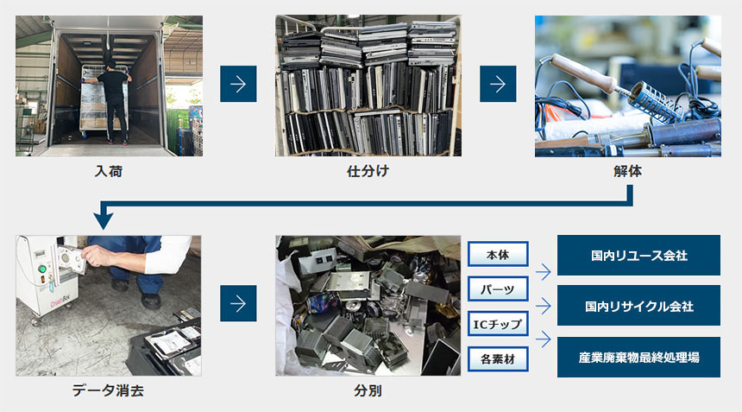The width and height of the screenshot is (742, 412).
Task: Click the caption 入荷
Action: tap(109, 171)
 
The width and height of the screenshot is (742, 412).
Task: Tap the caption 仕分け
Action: tap(368, 171)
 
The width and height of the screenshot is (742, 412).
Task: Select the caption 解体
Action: tap(627, 171)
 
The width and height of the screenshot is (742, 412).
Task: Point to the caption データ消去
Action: tap(108, 390)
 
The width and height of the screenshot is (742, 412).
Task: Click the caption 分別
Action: tap(368, 390)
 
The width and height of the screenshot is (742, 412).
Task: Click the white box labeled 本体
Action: tap(498, 254)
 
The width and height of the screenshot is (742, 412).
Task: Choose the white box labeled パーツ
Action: tap(498, 288)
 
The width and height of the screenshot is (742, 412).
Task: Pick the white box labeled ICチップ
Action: tap(498, 324)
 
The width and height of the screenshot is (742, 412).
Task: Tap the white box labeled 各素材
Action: tap(498, 359)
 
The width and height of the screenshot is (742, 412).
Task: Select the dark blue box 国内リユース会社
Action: tap(638, 256)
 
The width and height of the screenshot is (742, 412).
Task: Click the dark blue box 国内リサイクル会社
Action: tap(638, 306)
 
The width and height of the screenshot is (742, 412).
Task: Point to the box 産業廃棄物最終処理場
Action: tap(638, 357)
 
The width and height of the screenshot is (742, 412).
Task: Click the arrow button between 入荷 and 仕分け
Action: tap(238, 84)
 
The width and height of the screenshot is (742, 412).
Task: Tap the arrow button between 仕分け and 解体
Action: tap(498, 84)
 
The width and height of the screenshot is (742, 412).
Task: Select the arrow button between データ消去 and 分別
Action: tap(238, 303)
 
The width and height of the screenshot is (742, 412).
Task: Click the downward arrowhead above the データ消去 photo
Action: tap(104, 220)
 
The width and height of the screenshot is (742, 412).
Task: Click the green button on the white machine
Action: tap(42, 269)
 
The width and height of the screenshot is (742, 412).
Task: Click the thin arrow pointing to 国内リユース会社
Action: tap(544, 272)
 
